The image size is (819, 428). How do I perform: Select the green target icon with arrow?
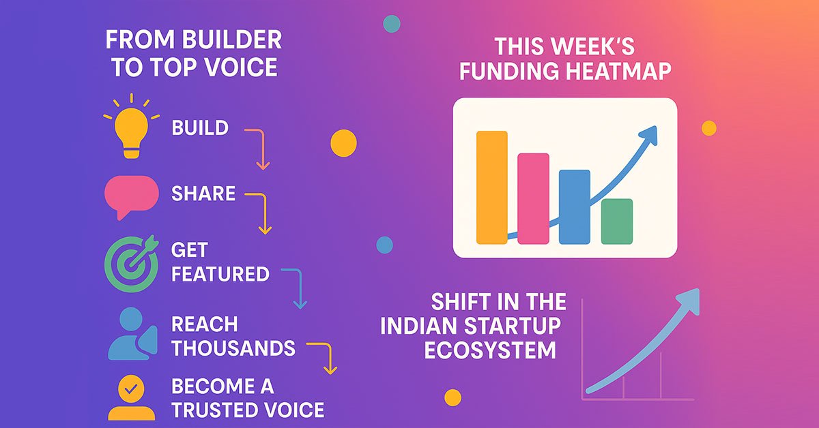(x=132, y=262)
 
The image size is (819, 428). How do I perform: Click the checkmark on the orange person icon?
(x=131, y=388)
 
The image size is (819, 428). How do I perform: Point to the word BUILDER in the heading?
(x=232, y=40)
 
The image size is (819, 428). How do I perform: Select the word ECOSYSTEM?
(x=490, y=350)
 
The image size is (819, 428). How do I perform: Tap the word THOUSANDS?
(x=233, y=348)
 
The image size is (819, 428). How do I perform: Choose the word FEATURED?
(x=220, y=274)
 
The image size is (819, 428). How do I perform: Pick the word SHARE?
(x=203, y=193)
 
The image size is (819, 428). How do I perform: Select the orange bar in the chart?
(x=492, y=187)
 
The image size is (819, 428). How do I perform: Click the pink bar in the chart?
(x=533, y=198)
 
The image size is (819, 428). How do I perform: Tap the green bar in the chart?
(x=617, y=221)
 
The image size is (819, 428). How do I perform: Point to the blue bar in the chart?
(x=575, y=207)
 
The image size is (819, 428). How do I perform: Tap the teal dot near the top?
(x=392, y=24)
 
